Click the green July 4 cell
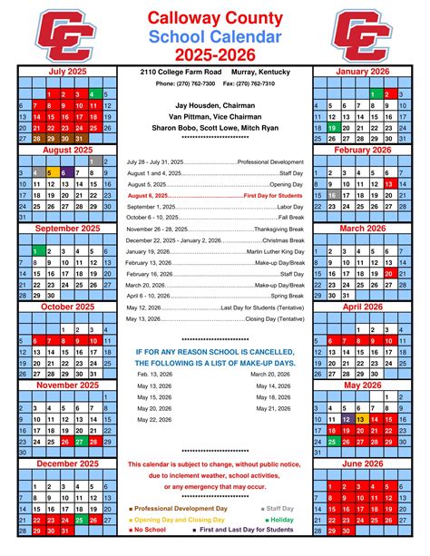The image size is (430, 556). tap(92, 94)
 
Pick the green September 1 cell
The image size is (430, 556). tap(34, 251)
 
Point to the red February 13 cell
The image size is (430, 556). tap(390, 183)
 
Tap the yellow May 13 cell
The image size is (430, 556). tap(361, 419)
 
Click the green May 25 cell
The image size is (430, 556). tap(332, 442)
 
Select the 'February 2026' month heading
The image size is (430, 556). tap(364, 150)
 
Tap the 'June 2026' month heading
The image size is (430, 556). tap(364, 463)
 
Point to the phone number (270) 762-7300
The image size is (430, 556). tap(185, 83)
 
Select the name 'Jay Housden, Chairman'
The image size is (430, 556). tap(214, 104)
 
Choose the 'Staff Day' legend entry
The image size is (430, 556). tap(279, 509)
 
